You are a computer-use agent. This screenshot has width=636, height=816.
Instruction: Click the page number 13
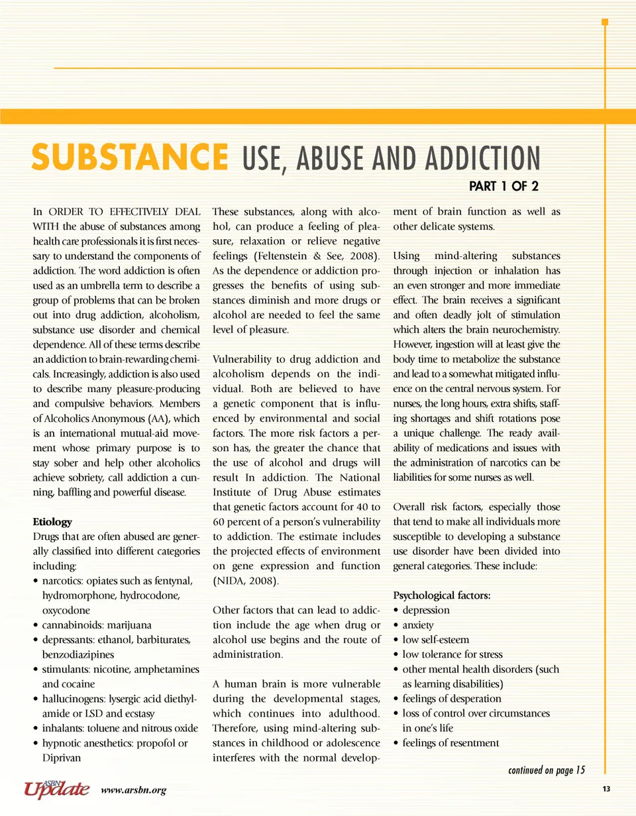click(606, 788)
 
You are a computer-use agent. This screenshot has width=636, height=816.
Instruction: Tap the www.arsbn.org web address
click(133, 790)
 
